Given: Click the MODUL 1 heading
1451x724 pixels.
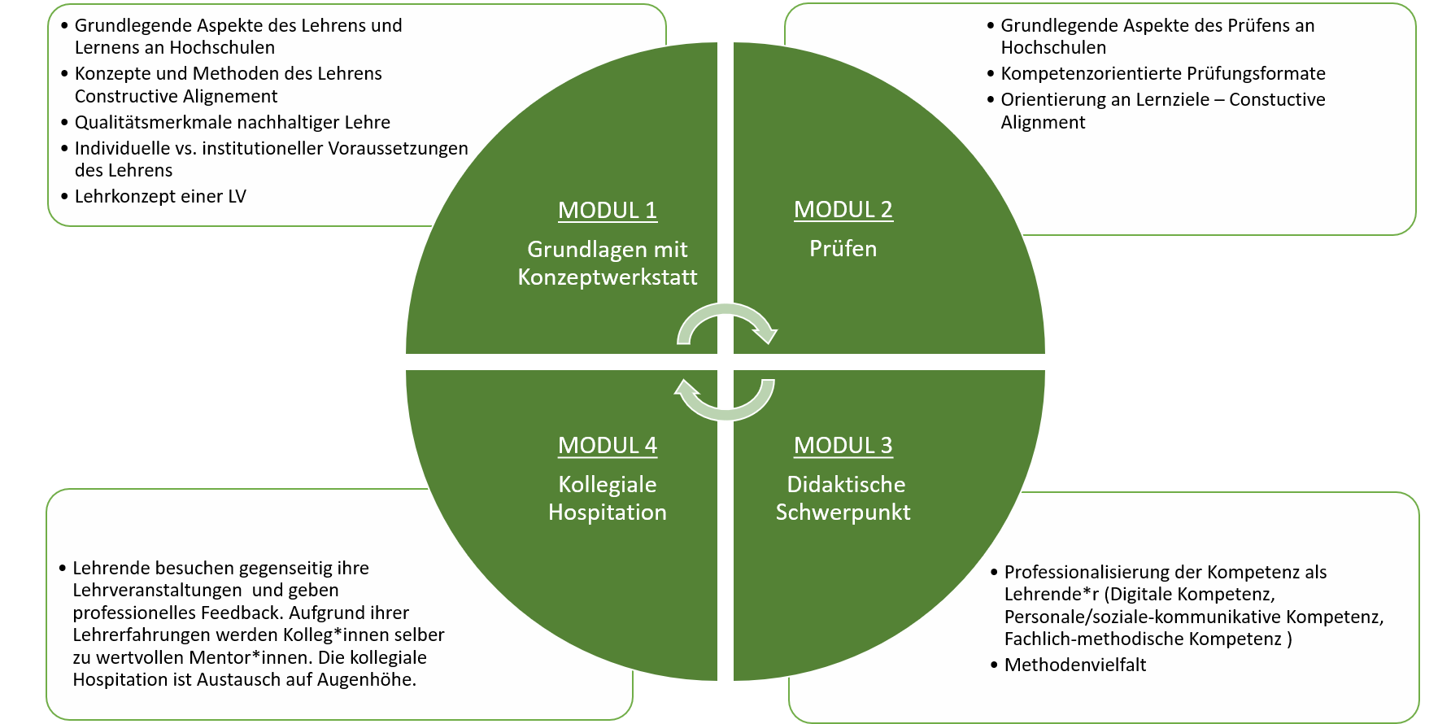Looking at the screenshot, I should tap(607, 210).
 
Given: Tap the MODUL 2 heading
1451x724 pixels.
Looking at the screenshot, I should tap(843, 209).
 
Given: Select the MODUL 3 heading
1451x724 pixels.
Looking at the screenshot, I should tap(843, 445).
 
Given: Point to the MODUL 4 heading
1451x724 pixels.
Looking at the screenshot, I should tap(607, 445).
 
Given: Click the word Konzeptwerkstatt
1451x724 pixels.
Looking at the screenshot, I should tap(607, 277).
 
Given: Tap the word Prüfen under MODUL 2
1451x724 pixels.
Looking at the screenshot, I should tap(843, 248).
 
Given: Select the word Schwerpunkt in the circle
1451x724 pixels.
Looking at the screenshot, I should tap(843, 512).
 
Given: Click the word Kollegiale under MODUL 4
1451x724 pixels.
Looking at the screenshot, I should tap(607, 484).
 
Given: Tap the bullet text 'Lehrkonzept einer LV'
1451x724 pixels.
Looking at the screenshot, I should tap(160, 196).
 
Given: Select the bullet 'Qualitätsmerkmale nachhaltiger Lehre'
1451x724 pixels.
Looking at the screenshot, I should tap(232, 122).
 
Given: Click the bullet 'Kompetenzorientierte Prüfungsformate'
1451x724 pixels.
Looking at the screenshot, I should tap(1162, 73).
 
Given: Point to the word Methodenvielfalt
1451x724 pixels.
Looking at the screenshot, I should tap(1074, 665).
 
